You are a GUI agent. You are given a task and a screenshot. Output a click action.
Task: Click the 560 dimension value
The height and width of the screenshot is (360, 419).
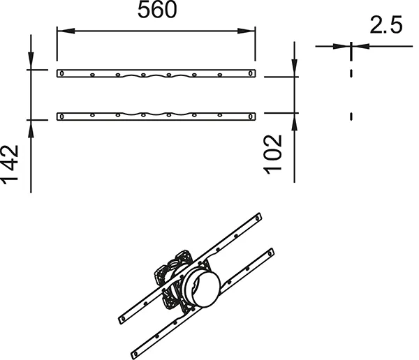pyautogui.click(x=157, y=10)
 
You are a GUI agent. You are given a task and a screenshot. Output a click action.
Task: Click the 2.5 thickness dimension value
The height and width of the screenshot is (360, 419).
pyautogui.click(x=386, y=25)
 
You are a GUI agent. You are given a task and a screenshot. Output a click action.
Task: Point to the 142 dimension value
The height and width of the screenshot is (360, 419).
pyautogui.click(x=10, y=165)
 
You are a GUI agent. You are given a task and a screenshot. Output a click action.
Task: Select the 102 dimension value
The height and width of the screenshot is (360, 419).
pyautogui.click(x=273, y=155)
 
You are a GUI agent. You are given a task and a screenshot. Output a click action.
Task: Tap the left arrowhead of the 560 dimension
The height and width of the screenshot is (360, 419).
pyautogui.click(x=66, y=31)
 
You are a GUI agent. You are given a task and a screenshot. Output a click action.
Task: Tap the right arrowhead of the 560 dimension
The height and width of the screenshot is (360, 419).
pyautogui.click(x=246, y=31)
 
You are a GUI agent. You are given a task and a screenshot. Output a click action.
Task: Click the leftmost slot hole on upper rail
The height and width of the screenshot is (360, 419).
pyautogui.click(x=61, y=73)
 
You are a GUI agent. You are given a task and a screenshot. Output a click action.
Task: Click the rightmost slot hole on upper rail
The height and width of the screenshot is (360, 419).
pyautogui.click(x=251, y=73)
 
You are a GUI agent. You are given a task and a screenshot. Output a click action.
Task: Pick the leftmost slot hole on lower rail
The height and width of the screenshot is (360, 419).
pyautogui.click(x=61, y=117)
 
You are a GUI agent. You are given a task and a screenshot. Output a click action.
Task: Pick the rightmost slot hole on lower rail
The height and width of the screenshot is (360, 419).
pyautogui.click(x=251, y=117)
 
